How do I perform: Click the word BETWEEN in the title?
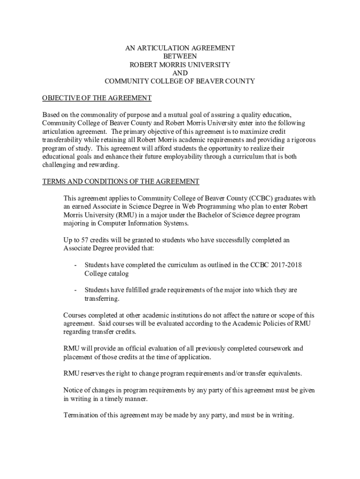[x=180, y=56]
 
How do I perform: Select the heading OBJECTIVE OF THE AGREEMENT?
[x=97, y=98]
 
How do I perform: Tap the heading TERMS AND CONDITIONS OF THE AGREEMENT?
[x=121, y=181]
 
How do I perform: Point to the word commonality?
[x=99, y=115]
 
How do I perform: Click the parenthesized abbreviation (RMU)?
[x=122, y=215]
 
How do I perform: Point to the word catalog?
[x=117, y=273]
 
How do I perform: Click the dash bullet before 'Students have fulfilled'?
[x=75, y=290]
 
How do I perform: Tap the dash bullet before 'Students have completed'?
[x=75, y=265]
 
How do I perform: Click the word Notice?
[x=73, y=390]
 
